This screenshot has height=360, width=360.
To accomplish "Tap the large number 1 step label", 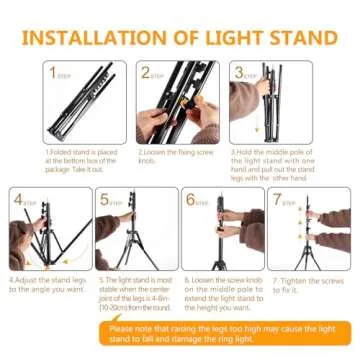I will pyautogui.click(x=53, y=72).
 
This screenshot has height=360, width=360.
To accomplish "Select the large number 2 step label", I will pyautogui.click(x=146, y=72).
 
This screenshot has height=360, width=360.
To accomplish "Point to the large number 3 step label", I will pyautogui.click(x=239, y=72).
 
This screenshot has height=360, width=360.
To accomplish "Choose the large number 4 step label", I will pyautogui.click(x=18, y=199).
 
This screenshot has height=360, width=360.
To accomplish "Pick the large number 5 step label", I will pyautogui.click(x=105, y=199).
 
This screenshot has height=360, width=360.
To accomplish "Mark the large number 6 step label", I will pyautogui.click(x=191, y=199).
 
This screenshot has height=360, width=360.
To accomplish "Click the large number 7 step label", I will pyautogui.click(x=278, y=199).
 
